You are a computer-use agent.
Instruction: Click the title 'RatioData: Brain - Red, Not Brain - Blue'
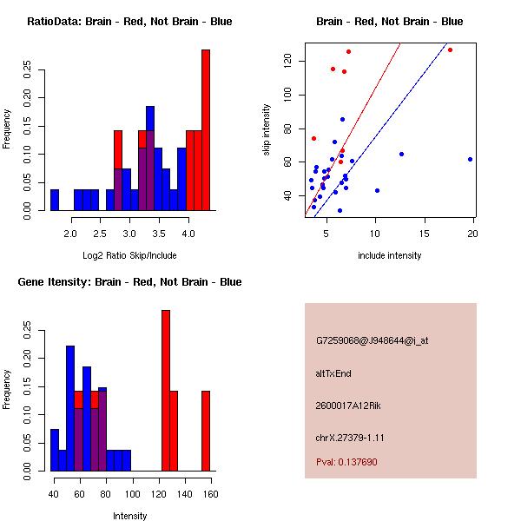coord(129,22)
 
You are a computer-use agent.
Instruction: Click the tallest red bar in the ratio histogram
coord(206,130)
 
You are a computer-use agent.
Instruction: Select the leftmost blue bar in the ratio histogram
coord(55,200)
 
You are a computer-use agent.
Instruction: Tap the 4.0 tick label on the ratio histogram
coord(188,234)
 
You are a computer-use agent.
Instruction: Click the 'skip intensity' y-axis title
coord(267,130)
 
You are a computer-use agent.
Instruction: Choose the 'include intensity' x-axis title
coord(389,255)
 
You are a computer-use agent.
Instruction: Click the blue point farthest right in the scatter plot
coord(470,159)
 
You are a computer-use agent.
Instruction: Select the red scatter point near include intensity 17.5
coord(450,49)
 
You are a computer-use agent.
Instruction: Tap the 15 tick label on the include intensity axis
coord(425,234)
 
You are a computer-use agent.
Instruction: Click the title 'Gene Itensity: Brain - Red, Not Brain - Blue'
coord(129,282)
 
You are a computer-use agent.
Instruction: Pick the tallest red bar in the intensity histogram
coord(166,391)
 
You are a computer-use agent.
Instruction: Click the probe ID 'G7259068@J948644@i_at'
coord(372,340)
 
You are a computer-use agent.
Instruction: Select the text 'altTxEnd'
coord(333,373)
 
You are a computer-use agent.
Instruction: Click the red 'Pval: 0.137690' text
coord(346,462)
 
